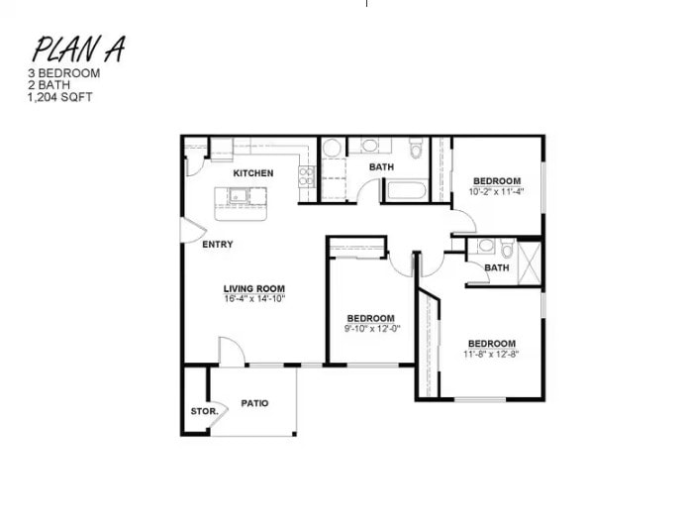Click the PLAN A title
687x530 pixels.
tap(78, 49)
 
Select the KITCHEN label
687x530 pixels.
tap(253, 173)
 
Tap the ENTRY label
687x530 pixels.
tap(218, 245)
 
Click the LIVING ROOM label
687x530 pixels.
tap(253, 289)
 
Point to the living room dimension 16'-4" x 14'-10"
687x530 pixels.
tap(253, 299)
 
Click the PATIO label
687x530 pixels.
tap(254, 403)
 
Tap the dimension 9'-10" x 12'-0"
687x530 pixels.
tap(372, 329)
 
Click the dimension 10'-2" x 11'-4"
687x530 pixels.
tap(497, 191)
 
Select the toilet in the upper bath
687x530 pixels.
tap(416, 149)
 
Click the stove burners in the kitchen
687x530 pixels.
tap(307, 177)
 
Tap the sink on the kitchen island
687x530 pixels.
tap(238, 195)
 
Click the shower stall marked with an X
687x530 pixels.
tap(530, 263)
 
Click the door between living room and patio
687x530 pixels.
tap(231, 352)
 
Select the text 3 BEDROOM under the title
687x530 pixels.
tap(65, 73)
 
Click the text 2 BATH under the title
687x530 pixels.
tap(49, 84)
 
